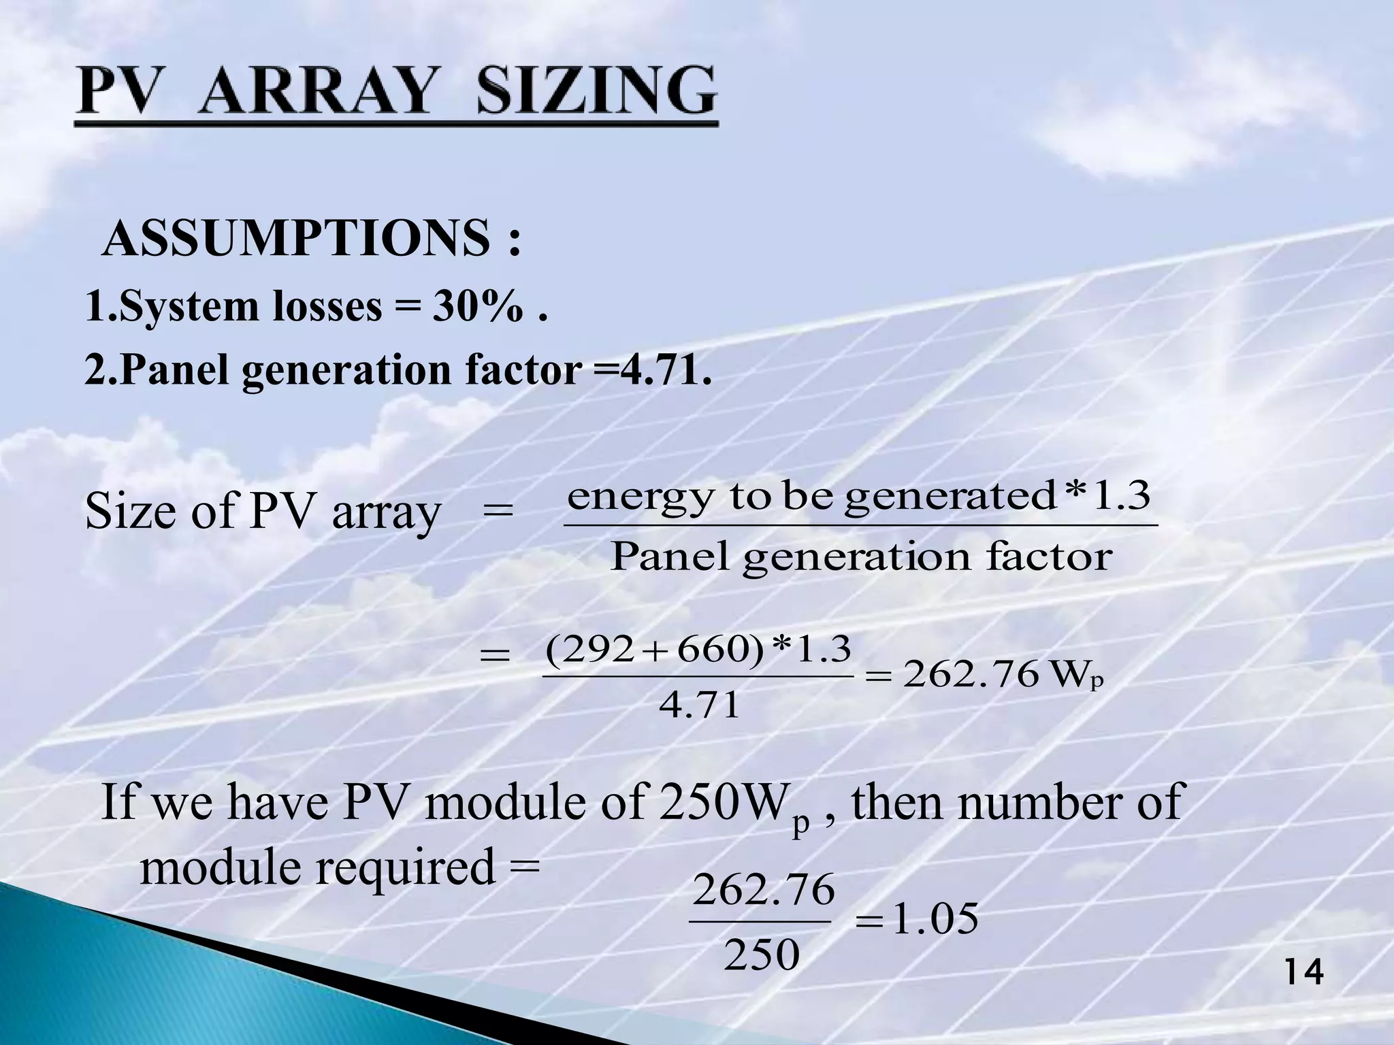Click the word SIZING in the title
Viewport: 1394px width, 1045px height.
(x=596, y=92)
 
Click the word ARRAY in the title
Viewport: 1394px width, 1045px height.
(x=319, y=92)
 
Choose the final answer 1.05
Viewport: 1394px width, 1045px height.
(x=935, y=919)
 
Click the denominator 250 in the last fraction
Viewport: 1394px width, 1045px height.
(x=761, y=955)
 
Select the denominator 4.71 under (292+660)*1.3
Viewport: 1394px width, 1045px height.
(x=699, y=705)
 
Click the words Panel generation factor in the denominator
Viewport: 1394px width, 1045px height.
(x=861, y=557)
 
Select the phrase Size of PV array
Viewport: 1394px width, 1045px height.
(x=263, y=512)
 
